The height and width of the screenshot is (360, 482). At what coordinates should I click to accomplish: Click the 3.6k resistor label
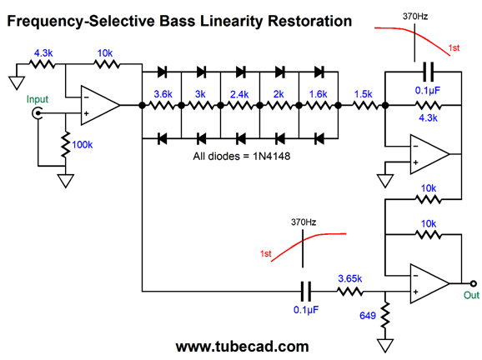pos(163,94)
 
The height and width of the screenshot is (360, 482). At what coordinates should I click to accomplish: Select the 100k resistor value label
pos(82,145)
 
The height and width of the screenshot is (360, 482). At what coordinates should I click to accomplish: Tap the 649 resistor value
pos(368,316)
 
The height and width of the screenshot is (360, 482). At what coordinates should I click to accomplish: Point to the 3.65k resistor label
pos(349,278)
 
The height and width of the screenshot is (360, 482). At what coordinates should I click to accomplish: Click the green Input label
pos(38,99)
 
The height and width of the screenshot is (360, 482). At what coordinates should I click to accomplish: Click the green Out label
pos(471,295)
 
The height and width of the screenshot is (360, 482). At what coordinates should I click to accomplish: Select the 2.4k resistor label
pos(239,94)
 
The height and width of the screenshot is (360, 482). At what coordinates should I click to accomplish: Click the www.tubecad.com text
pos(242,347)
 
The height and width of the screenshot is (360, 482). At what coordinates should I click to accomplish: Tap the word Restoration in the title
pos(310,21)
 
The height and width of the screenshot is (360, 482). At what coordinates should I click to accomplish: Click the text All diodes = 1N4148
pos(242,157)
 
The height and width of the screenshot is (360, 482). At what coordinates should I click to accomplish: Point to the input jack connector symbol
pos(38,113)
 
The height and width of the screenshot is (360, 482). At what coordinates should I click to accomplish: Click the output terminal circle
pos(474,283)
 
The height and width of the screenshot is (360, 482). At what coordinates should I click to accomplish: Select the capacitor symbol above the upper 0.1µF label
pos(429,72)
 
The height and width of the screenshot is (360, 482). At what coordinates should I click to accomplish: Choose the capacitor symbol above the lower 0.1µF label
pos(305,291)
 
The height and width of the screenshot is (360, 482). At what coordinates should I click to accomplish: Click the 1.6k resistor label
pos(318,94)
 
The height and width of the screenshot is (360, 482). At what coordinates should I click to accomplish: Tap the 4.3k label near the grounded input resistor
pos(43,53)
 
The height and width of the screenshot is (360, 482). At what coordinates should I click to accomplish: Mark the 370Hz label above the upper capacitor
pos(415,17)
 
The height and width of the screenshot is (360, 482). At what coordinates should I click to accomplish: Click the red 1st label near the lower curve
pos(265,253)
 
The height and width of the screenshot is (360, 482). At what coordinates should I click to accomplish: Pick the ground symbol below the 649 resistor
pos(385,345)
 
